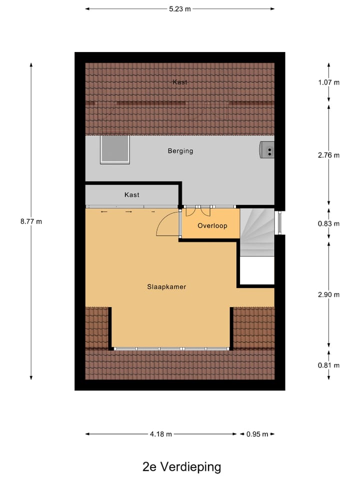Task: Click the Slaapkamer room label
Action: point(166,287)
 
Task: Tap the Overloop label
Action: point(212,226)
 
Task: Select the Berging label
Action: point(180,150)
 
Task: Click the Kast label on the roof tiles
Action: point(180,82)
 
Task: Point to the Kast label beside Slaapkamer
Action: point(132,195)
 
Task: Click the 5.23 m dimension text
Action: point(180,8)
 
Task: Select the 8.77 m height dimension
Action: point(31,221)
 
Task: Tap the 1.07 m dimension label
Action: point(328,82)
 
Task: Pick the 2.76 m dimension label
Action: point(328,155)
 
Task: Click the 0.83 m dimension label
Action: point(328,223)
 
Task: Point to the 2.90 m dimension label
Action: point(328,294)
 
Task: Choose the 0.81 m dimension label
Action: point(328,365)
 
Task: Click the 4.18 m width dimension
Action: point(161,434)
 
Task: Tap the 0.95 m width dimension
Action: point(257,434)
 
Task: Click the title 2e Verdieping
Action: point(181,467)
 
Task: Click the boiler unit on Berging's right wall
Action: point(267,149)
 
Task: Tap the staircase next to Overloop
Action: point(257,231)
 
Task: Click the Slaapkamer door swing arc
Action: point(167,223)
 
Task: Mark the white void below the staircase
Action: point(256,270)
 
